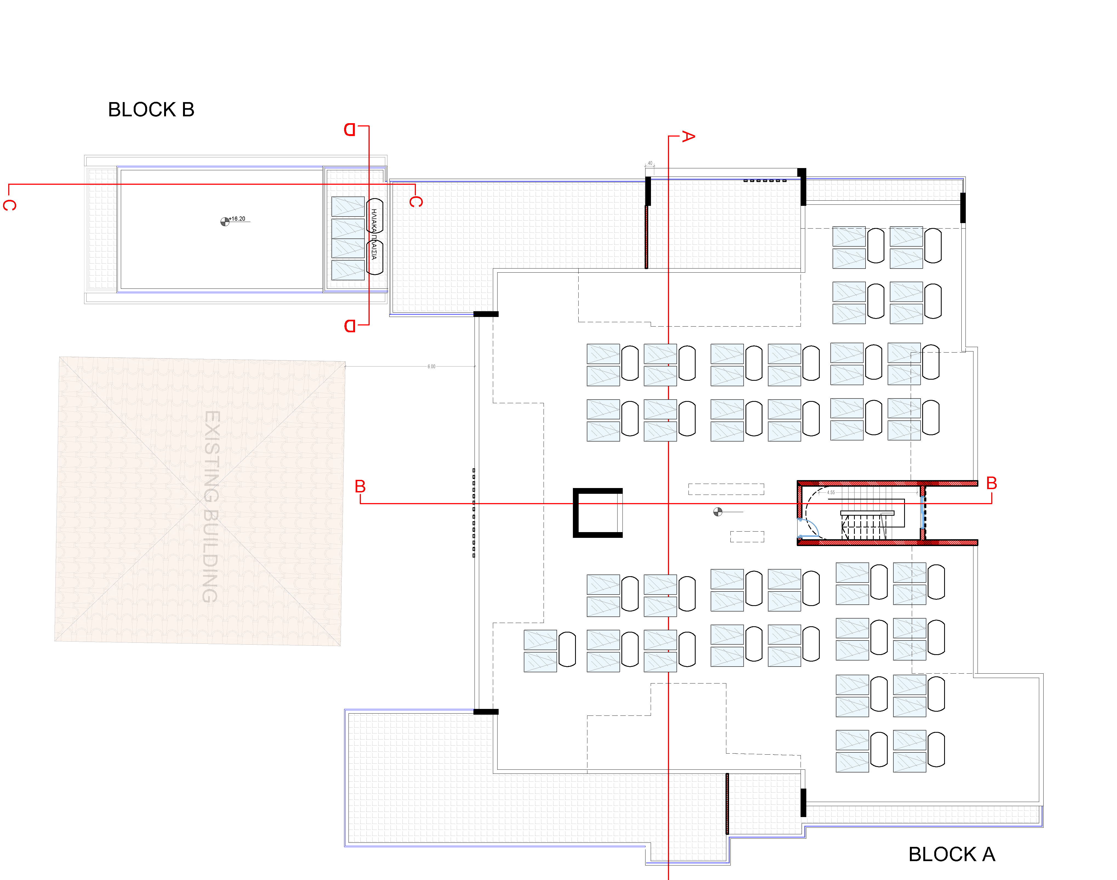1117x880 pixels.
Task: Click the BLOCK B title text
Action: (151, 110)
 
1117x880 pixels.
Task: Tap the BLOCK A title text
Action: (952, 854)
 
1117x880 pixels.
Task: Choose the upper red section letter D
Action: (350, 129)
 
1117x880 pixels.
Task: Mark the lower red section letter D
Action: (350, 326)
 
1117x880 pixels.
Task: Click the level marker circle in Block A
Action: (717, 512)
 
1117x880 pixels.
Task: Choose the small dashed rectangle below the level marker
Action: (747, 536)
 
